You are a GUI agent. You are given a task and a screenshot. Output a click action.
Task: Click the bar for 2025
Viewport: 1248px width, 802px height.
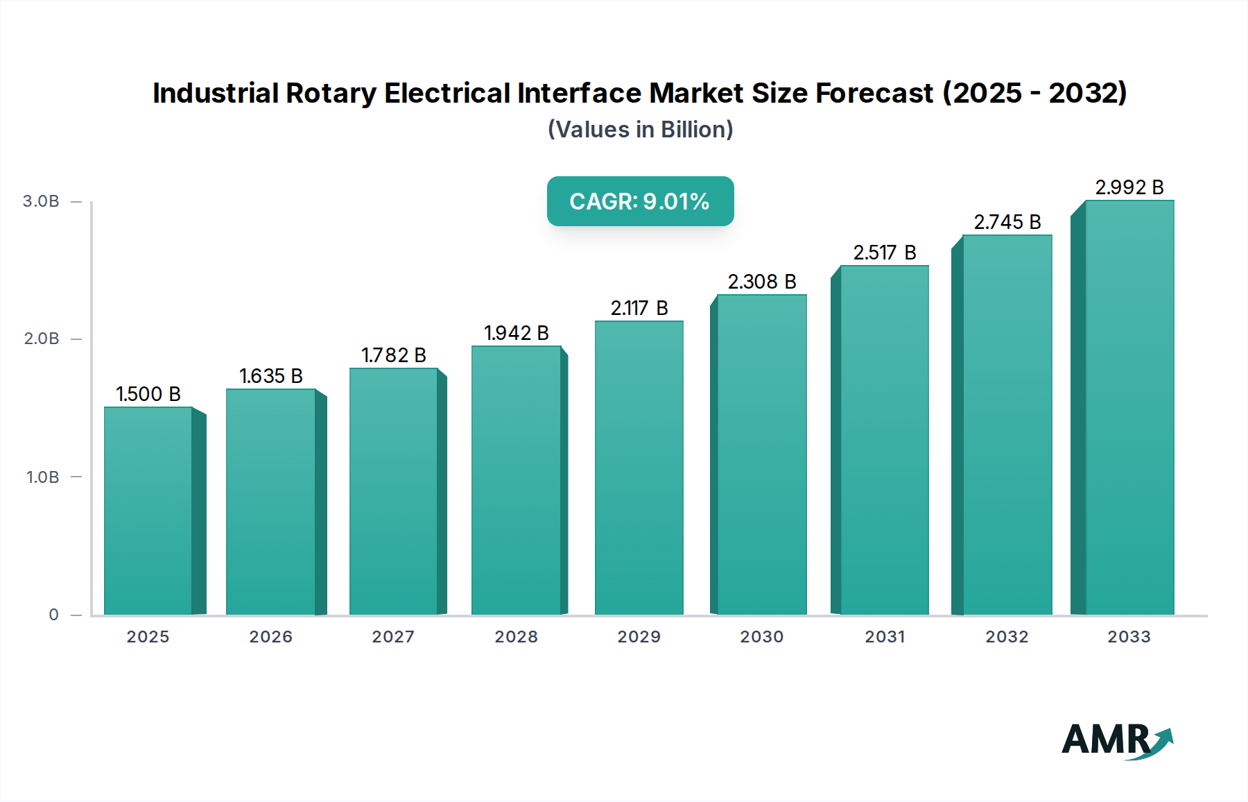(x=148, y=511)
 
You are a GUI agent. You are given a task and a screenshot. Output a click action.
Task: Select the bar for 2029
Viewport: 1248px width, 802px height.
(x=639, y=468)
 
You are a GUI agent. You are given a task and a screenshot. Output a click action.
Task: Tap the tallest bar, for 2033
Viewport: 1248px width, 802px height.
(x=1129, y=408)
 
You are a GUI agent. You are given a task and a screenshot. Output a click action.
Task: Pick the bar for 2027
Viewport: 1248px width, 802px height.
(x=393, y=491)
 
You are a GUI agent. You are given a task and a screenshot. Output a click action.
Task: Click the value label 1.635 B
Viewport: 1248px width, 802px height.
(x=271, y=376)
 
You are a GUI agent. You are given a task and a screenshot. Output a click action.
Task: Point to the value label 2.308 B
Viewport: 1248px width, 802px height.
(x=761, y=282)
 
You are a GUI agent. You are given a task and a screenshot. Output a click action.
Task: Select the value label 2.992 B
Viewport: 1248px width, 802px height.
(x=1129, y=187)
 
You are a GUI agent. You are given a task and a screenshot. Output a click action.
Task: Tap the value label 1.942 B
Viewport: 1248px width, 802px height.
(x=516, y=333)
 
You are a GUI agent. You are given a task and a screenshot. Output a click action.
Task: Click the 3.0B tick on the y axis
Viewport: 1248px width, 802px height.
(x=41, y=201)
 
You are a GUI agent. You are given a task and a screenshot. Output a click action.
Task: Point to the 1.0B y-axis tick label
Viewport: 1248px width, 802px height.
(x=42, y=477)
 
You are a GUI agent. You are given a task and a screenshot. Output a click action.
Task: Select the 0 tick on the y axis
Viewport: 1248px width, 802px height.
(x=53, y=615)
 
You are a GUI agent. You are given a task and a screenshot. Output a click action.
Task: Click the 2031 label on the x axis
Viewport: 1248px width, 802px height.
(x=885, y=637)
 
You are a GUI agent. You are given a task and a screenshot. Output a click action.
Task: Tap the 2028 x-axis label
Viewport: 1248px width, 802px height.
(x=516, y=637)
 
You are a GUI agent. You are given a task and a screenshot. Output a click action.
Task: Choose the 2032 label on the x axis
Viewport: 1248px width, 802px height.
(x=1007, y=637)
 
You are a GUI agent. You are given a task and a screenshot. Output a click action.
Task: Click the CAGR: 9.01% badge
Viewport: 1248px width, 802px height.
(x=640, y=201)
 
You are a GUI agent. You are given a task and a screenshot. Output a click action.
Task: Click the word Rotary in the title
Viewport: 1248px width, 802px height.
(x=331, y=93)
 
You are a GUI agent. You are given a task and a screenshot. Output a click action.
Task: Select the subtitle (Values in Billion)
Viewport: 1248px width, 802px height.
(x=640, y=130)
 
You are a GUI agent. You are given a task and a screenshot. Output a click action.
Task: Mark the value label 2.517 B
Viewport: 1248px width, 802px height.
(x=884, y=253)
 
